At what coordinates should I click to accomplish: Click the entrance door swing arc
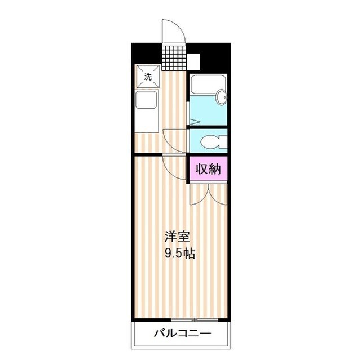coord(171,32)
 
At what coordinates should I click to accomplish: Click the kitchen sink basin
coord(146,104)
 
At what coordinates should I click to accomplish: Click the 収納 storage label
coord(208,168)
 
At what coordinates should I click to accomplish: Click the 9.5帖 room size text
coord(180,254)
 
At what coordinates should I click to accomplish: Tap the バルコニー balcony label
coord(182,334)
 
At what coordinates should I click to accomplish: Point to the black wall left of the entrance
coord(147,54)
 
